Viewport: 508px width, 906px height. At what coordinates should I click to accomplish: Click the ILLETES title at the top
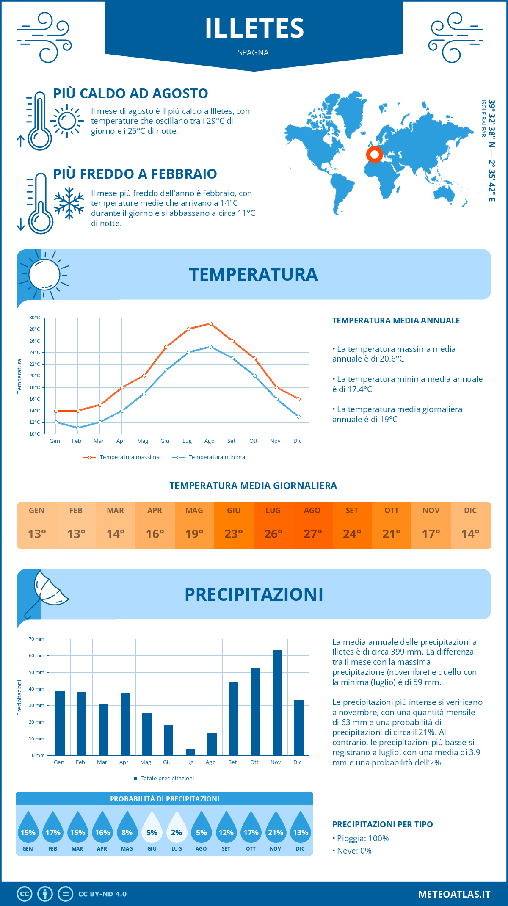coord(254,28)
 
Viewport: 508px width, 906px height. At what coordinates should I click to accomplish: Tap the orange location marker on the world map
coord(374,155)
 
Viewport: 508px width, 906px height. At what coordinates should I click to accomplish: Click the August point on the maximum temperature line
coord(210,323)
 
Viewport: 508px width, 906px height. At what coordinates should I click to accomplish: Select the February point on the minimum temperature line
coord(78,428)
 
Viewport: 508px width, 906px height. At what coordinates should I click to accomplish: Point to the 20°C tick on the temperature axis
coord(35,376)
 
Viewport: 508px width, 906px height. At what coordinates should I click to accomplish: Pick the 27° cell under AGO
coord(312,534)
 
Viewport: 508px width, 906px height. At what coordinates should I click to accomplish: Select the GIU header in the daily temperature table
coord(234,510)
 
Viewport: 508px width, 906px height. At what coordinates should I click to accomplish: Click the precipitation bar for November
coord(277,703)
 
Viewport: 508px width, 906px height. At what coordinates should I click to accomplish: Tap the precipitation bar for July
coord(190,752)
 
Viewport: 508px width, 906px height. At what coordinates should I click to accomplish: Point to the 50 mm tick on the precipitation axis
coord(37,672)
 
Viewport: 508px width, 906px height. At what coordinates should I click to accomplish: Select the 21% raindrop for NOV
coord(276,828)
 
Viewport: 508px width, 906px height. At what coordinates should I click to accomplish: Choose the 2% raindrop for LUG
coord(177,828)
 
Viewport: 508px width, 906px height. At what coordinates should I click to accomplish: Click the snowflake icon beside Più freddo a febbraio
coord(69,203)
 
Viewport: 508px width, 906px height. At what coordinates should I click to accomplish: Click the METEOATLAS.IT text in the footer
coord(454,894)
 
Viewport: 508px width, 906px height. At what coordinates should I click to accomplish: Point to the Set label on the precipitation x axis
coord(232,762)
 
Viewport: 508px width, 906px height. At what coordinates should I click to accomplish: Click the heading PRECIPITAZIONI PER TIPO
coord(382,824)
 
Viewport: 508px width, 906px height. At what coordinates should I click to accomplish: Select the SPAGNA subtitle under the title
coord(253,52)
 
